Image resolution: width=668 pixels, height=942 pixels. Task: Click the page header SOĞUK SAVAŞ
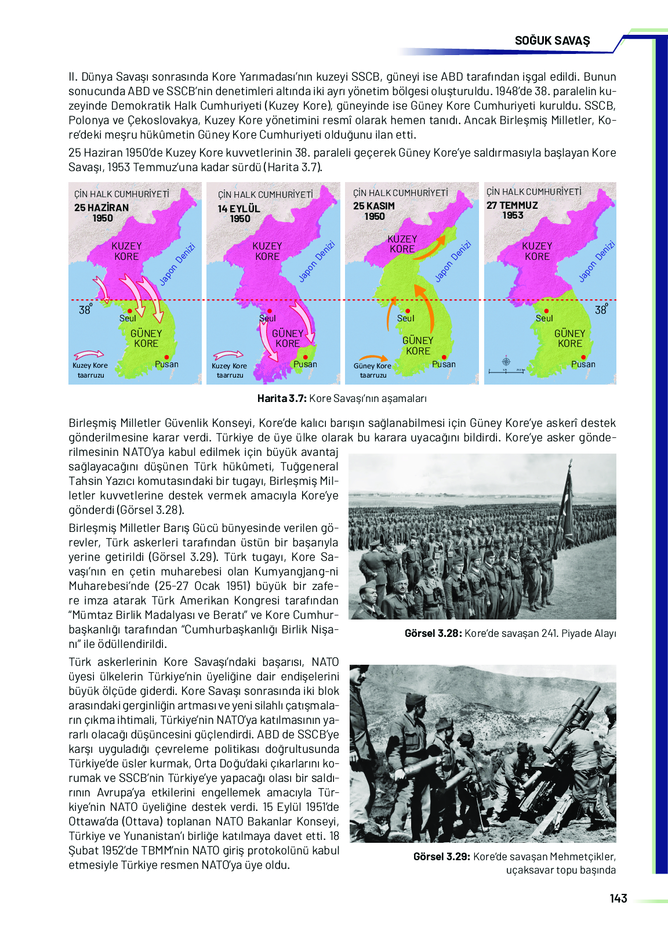[552, 41]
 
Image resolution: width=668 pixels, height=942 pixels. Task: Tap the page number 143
[618, 898]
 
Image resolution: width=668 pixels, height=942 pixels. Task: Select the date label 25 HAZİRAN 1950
[101, 213]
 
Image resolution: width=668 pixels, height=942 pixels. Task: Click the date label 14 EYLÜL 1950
[239, 213]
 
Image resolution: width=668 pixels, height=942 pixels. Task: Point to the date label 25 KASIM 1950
[374, 211]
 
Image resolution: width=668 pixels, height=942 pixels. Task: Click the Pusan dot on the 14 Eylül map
[305, 357]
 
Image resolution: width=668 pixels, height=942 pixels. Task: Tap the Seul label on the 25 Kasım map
[405, 318]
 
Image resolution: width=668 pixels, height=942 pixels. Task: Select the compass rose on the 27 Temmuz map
[506, 361]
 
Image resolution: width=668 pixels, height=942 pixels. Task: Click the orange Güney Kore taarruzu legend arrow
[373, 358]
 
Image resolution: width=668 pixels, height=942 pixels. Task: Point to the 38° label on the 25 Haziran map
[85, 310]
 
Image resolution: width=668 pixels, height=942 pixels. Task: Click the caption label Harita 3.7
[282, 398]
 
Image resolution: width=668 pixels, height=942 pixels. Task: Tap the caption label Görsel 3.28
[433, 633]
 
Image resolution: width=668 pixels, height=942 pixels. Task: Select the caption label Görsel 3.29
[441, 857]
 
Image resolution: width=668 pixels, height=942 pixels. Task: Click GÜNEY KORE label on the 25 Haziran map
[146, 338]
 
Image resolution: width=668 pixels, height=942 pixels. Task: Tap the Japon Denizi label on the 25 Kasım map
[453, 262]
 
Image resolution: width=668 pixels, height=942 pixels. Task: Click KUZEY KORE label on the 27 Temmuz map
[537, 251]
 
